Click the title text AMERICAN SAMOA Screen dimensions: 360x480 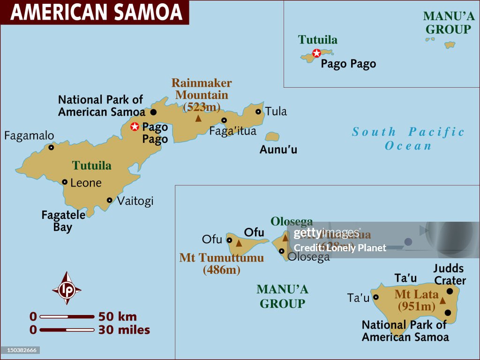(x=96, y=12)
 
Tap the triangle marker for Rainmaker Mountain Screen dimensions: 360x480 (x=198, y=119)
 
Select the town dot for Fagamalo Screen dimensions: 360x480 (x=51, y=147)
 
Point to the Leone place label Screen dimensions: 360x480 (x=86, y=183)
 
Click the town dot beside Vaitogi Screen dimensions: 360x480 (x=110, y=200)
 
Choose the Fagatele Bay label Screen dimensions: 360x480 (x=63, y=221)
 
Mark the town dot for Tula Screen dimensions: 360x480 (x=258, y=112)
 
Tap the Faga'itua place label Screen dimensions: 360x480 (x=232, y=131)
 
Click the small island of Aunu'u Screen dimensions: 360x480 (x=272, y=137)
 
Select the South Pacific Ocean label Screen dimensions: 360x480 (x=408, y=139)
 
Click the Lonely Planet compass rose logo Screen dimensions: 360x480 (x=67, y=288)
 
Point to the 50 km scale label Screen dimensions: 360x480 (x=117, y=316)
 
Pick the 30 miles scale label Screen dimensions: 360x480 (x=124, y=330)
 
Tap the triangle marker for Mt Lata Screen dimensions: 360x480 (x=442, y=300)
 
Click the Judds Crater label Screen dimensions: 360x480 (x=449, y=275)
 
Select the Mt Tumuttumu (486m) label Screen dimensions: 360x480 (x=221, y=264)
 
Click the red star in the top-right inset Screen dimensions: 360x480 (x=317, y=53)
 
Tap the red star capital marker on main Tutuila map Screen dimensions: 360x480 (x=135, y=126)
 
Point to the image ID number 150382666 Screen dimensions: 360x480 (x=20, y=350)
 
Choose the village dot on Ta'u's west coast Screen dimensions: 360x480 (x=375, y=297)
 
